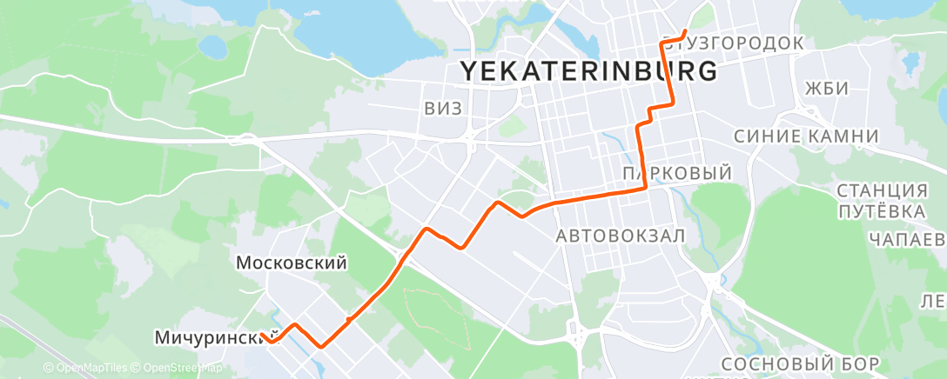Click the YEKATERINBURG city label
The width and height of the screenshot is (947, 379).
pos(588,71)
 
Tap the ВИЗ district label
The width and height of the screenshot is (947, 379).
pos(443,109)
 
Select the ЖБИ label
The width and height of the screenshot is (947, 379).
pos(826,90)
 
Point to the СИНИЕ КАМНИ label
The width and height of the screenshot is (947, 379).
pos(806,136)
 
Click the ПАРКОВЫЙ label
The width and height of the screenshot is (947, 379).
pos(677,174)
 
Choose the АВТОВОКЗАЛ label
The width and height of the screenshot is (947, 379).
pos(621,236)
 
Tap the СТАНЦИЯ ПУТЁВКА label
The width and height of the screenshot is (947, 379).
pos(881,201)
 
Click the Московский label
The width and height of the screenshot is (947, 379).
pos(292,263)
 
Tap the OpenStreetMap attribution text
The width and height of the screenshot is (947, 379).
pos(178,369)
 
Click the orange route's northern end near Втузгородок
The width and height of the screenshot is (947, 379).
pos(687,32)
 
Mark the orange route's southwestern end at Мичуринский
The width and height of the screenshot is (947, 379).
pos(261,334)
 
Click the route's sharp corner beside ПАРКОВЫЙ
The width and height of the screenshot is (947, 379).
pos(645,187)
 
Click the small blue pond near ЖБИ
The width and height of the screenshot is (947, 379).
pos(911,63)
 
